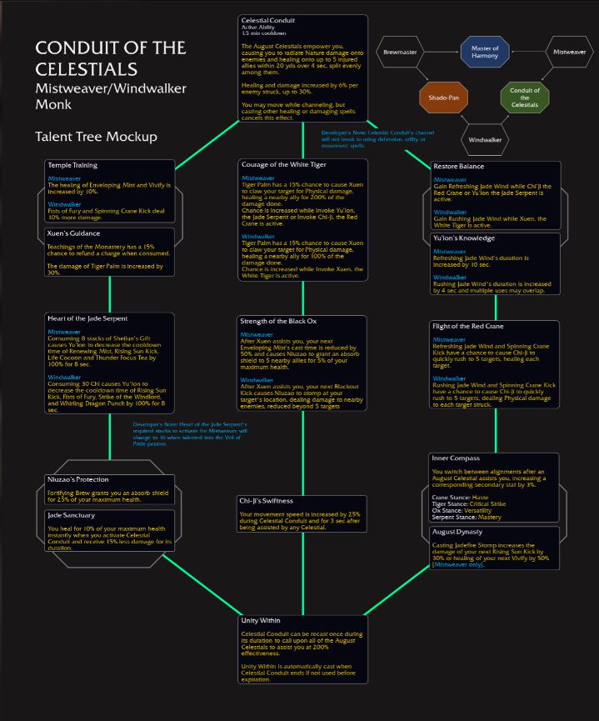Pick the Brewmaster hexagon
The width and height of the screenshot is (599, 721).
coord(399,52)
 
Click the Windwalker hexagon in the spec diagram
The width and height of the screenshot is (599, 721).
coord(484,139)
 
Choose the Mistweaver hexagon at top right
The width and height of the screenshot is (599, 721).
coord(569,52)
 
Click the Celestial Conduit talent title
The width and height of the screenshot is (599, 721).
coord(267,20)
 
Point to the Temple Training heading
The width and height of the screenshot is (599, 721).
coord(72,165)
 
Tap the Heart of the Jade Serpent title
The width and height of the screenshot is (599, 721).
coord(88,318)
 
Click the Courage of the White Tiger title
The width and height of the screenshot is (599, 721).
coord(284,164)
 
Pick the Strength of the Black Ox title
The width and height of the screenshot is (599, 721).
coord(278,320)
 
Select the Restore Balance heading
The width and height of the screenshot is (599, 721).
coord(458,166)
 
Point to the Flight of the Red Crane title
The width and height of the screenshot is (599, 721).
coord(470,326)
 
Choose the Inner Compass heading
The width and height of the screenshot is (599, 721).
coord(455,458)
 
